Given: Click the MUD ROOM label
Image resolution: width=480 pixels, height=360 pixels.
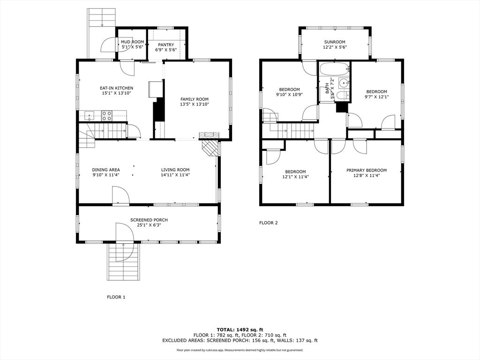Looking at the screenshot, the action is (x=132, y=42).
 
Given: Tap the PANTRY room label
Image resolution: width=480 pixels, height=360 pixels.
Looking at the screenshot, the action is (x=166, y=45).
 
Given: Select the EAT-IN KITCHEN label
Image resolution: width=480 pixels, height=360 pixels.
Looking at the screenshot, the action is (x=117, y=88).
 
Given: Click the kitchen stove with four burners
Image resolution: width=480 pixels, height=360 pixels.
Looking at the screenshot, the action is (x=106, y=116).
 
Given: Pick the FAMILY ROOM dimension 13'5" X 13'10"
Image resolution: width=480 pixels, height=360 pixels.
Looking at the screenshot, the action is (x=195, y=105).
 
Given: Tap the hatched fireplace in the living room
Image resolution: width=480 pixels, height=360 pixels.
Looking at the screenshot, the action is (x=211, y=149).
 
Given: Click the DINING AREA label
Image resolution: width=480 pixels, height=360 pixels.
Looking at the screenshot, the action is (x=106, y=170).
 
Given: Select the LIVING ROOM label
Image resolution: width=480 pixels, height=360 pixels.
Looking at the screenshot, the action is (x=175, y=170).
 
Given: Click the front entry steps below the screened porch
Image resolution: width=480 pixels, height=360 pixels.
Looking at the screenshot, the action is (x=123, y=262).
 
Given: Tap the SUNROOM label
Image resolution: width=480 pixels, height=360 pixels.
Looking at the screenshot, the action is (x=335, y=42).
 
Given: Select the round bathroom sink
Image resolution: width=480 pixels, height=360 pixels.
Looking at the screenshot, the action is (x=345, y=82).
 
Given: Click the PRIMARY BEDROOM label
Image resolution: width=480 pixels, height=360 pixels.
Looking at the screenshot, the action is (x=367, y=170).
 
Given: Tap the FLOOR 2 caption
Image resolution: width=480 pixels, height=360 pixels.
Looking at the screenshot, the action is (x=269, y=223).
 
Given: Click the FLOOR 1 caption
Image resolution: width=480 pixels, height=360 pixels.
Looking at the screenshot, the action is (x=116, y=297).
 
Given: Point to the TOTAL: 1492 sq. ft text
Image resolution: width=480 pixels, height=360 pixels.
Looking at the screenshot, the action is (x=240, y=330).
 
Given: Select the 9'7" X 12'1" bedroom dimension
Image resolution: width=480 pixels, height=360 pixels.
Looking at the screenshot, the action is (x=376, y=97).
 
